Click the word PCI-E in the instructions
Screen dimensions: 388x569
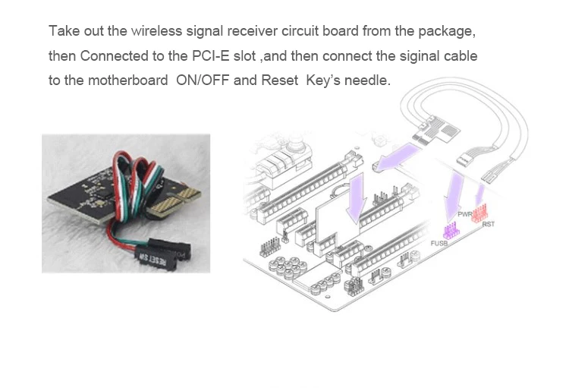click(x=227, y=56)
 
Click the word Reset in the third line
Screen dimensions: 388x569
click(x=281, y=80)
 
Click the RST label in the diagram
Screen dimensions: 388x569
click(x=488, y=224)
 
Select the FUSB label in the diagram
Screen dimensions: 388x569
click(x=439, y=243)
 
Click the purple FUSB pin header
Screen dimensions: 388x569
click(x=451, y=229)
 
